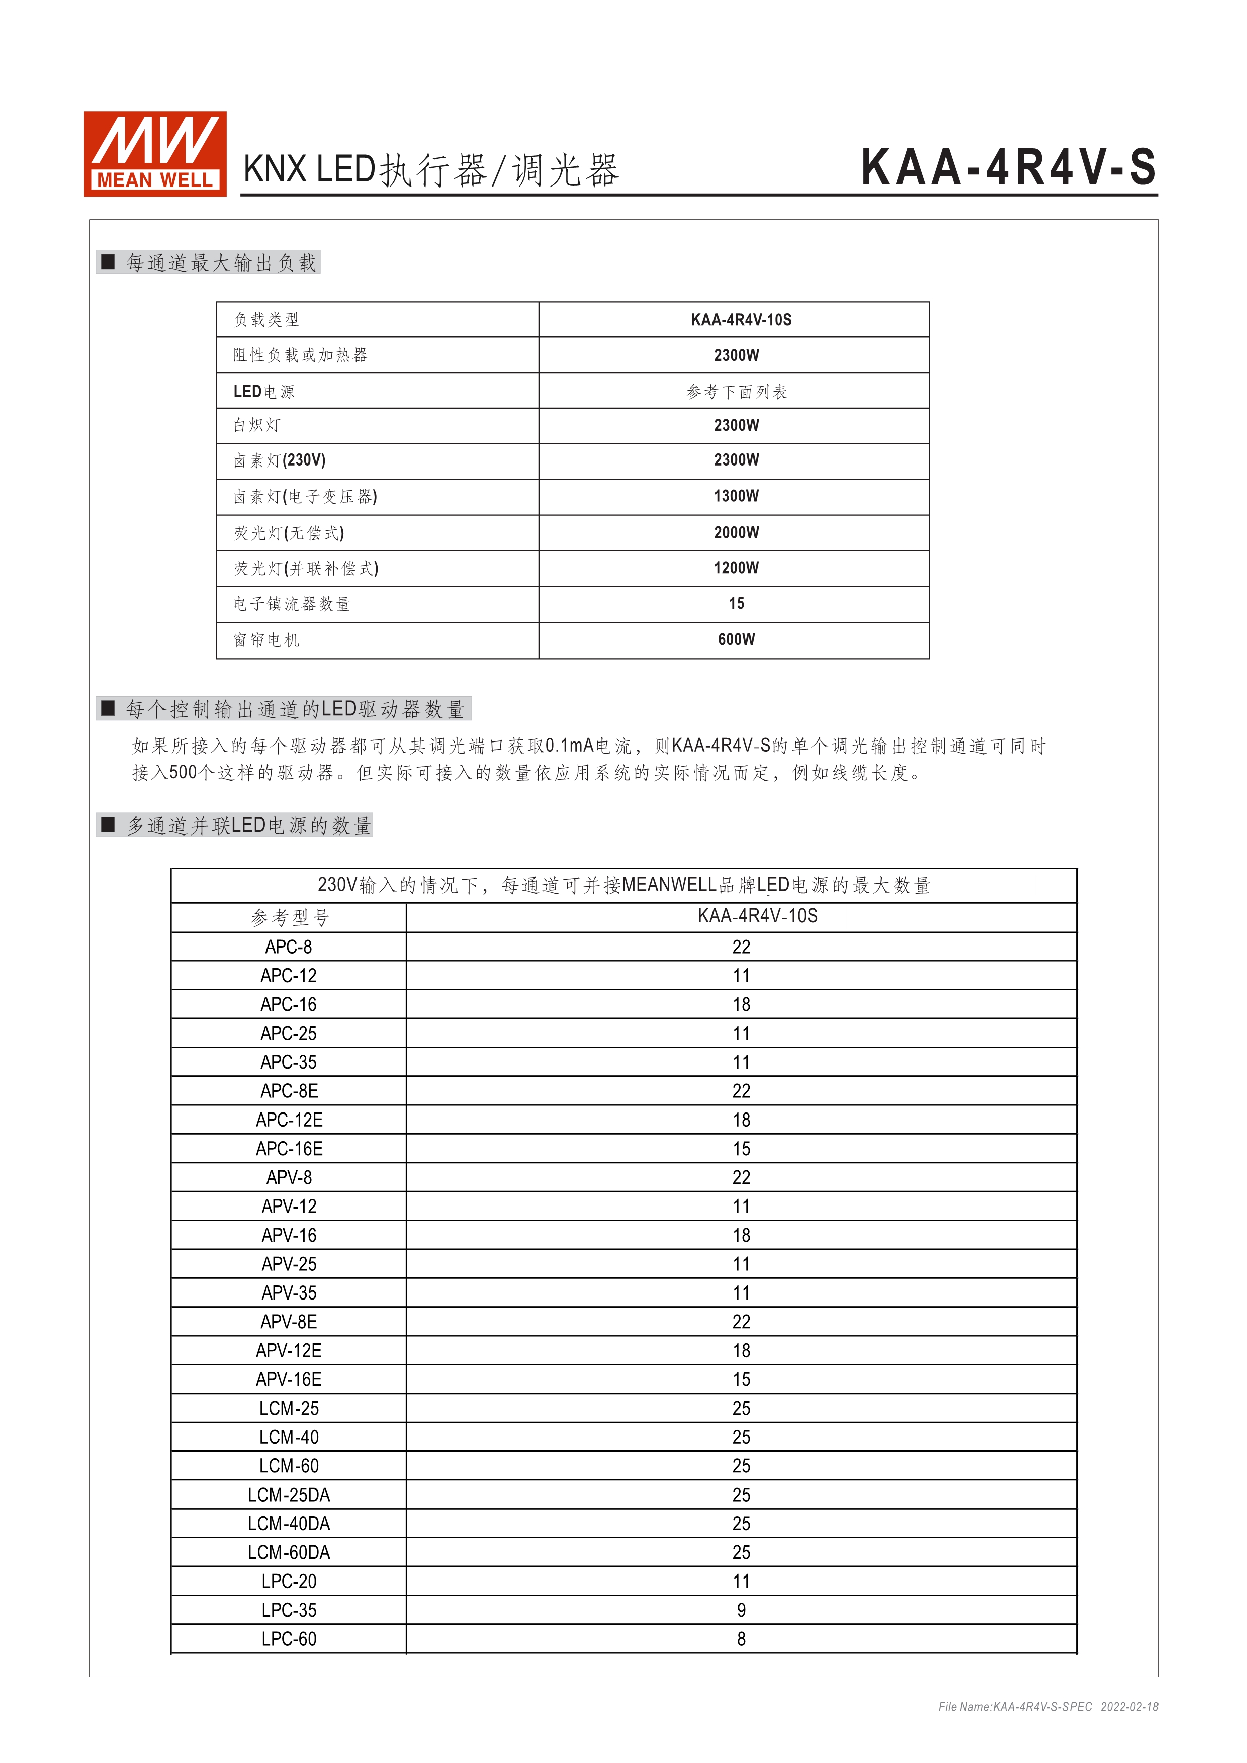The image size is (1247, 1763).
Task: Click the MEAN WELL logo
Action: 155,153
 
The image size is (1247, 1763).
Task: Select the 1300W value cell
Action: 736,496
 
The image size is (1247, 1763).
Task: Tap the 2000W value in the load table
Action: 736,532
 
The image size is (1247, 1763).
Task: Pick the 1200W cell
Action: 736,568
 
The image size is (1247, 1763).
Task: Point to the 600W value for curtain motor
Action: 736,639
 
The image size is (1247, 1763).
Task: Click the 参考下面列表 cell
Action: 736,392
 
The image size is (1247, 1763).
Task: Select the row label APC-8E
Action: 289,1091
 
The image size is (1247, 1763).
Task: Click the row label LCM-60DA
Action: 289,1552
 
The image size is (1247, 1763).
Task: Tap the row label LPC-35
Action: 289,1610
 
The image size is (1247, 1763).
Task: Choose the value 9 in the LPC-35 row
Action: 741,1610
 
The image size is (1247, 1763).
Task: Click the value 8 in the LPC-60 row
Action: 741,1639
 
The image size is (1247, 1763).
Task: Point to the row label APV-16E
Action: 289,1380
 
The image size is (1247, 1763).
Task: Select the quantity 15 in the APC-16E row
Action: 741,1149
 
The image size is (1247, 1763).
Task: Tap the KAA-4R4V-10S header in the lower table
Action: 757,916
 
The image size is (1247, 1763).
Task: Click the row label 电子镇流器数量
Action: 292,604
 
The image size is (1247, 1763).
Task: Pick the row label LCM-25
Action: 289,1408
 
